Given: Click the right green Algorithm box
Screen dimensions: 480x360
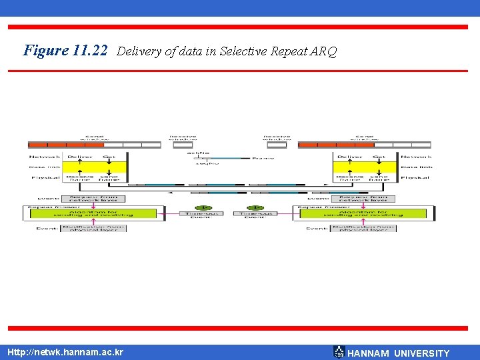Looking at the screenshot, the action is click(x=363, y=213).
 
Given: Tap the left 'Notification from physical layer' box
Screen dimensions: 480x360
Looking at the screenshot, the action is click(x=93, y=228).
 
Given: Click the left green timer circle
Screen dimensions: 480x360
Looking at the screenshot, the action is click(x=204, y=207).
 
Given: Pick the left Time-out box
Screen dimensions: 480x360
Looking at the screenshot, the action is click(x=201, y=214).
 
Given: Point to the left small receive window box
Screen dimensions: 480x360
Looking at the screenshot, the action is click(x=183, y=145).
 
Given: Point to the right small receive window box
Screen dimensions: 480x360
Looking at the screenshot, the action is click(x=276, y=145).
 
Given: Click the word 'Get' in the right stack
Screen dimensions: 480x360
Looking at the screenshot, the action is click(x=379, y=157).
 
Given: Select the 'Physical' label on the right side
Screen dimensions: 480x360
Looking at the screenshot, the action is click(x=416, y=177).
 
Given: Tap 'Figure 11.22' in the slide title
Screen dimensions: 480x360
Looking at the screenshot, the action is click(x=65, y=51).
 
